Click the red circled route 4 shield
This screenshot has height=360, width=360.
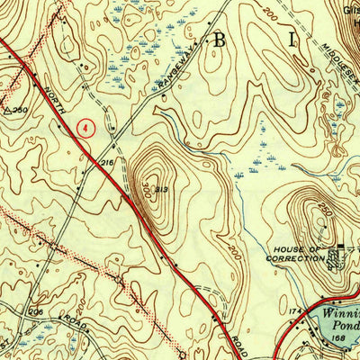coord(85,129)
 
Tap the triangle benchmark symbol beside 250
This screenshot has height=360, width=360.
coord(7,111)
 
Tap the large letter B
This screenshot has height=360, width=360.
coord(219,39)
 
